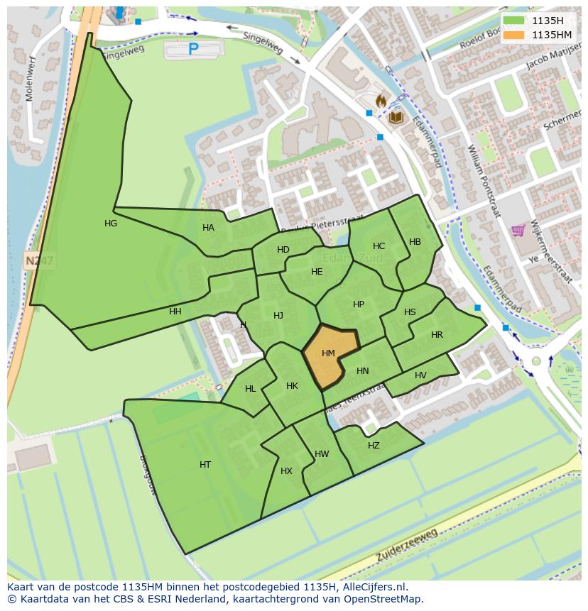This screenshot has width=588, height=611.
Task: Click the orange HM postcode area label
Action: [x=328, y=353]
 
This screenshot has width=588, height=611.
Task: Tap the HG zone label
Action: [x=111, y=224]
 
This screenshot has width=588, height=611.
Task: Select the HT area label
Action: [x=205, y=465]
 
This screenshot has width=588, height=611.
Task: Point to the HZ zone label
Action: [x=374, y=446]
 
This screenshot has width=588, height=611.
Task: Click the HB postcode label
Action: [x=415, y=242]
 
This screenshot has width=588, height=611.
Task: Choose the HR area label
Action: [x=437, y=335]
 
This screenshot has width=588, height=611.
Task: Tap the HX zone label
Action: [x=286, y=471]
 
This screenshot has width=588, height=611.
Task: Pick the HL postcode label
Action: [x=250, y=389]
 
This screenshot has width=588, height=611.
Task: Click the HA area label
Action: [x=208, y=228]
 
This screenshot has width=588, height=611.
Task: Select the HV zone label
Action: [x=420, y=375]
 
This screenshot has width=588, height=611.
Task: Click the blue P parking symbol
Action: [x=193, y=49]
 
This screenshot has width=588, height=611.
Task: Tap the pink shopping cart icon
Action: [x=518, y=230]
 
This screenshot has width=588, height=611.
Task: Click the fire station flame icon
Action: [x=381, y=101]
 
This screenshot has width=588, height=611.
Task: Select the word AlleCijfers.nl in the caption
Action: [x=372, y=587]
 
